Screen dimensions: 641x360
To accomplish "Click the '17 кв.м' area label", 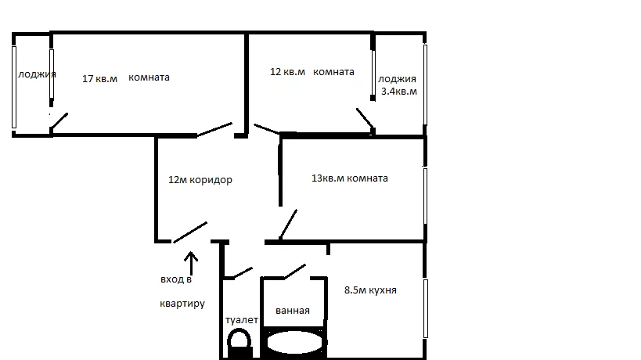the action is pyautogui.click(x=99, y=78).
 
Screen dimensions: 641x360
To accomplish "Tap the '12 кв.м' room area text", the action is pyautogui.click(x=287, y=72).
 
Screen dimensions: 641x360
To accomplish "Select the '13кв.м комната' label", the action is pyautogui.click(x=350, y=178).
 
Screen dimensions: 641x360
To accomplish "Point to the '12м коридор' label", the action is pyautogui.click(x=200, y=180).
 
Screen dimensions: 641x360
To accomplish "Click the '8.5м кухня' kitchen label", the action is pyautogui.click(x=370, y=290).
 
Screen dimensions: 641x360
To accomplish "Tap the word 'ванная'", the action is pyautogui.click(x=293, y=311).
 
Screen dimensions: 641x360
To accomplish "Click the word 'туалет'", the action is pyautogui.click(x=242, y=320).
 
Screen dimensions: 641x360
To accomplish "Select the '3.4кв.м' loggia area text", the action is pyautogui.click(x=399, y=91).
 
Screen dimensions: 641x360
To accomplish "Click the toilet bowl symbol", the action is pyautogui.click(x=239, y=344).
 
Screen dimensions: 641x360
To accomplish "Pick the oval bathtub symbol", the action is pyautogui.click(x=294, y=343).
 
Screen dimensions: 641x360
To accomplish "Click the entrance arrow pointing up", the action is pyautogui.click(x=191, y=263).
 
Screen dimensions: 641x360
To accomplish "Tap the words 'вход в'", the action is pyautogui.click(x=176, y=279).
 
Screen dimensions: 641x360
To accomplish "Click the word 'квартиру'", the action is pyautogui.click(x=182, y=304).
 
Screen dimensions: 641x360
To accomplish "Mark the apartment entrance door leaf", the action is pyautogui.click(x=190, y=232).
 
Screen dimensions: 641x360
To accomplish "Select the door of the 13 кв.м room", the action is pyautogui.click(x=288, y=225).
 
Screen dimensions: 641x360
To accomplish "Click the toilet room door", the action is pyautogui.click(x=243, y=272).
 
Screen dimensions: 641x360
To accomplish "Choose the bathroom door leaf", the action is pyautogui.click(x=295, y=272).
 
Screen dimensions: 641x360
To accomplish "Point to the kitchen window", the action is pyautogui.click(x=426, y=308).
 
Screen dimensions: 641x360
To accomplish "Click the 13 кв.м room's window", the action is pyautogui.click(x=425, y=196).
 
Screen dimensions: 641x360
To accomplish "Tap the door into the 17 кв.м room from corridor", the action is pyautogui.click(x=214, y=130).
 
